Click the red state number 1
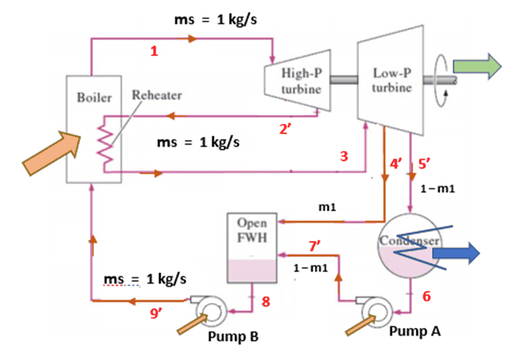pos(155,51)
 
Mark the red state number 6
pos(427,296)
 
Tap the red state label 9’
pos(161,313)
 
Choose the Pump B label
pos(233,336)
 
